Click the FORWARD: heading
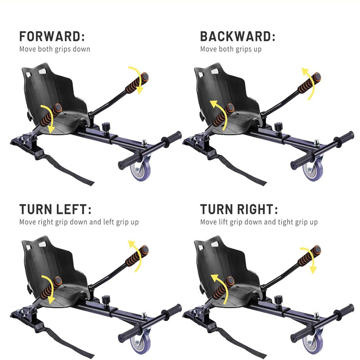click(x=52, y=36)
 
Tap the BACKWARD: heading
click(x=237, y=36)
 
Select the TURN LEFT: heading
click(x=55, y=209)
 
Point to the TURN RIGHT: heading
click(x=239, y=209)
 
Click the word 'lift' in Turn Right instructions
click(x=225, y=222)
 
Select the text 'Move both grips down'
click(x=54, y=49)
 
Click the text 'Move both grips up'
click(x=230, y=49)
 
